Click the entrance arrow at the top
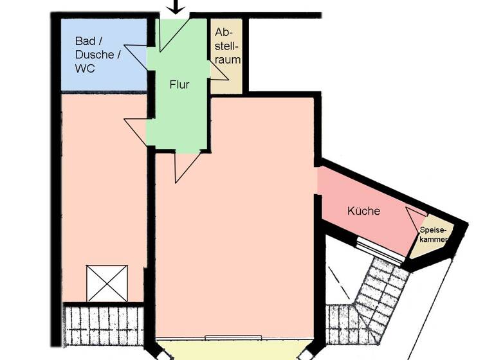tap(176, 6)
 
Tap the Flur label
tap(179, 84)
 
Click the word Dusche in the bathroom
tap(95, 55)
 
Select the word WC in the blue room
tap(85, 68)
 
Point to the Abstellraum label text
tap(227, 46)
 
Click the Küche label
tap(363, 211)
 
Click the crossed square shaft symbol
tap(107, 283)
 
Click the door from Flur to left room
tap(136, 132)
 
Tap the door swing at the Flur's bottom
tap(187, 168)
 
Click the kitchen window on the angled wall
tap(380, 250)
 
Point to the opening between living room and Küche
tap(318, 181)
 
